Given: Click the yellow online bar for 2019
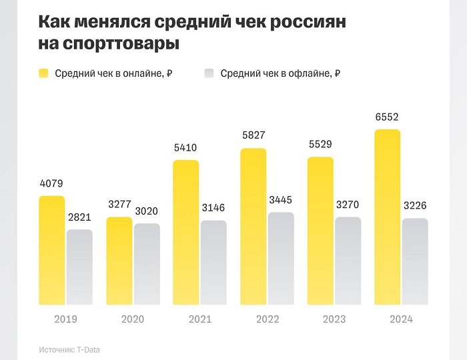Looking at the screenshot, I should click(x=52, y=250).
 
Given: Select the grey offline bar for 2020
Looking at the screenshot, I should click(x=146, y=264).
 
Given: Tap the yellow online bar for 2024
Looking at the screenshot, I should click(x=387, y=217).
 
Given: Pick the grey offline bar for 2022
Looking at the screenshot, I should click(x=280, y=259).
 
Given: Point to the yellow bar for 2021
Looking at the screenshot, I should click(x=185, y=232).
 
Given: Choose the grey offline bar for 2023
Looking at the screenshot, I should click(x=347, y=261).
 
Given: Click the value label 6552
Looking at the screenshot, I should click(x=387, y=117).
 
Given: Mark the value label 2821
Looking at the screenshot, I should click(x=79, y=217).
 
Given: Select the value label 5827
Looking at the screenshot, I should click(x=253, y=137).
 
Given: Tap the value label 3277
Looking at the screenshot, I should click(x=119, y=205).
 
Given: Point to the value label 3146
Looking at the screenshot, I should click(x=213, y=209).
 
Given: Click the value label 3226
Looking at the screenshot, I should click(x=414, y=206).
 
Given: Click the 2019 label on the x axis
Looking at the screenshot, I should click(x=65, y=319).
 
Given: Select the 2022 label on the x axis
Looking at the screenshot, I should click(x=267, y=319).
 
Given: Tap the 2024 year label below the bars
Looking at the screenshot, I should click(x=400, y=319).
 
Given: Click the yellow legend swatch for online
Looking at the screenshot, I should click(x=44, y=73).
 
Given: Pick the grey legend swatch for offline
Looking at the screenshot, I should click(x=209, y=73).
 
